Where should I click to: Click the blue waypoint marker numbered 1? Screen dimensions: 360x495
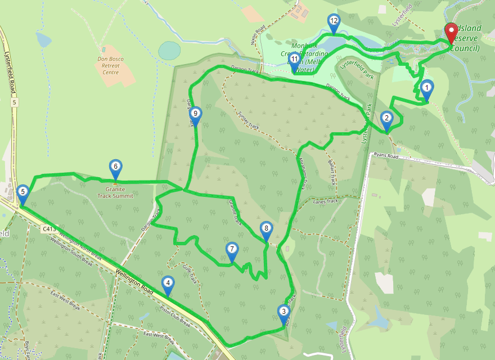pos(427,88)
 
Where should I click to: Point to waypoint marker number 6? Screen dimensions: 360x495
pos(115,167)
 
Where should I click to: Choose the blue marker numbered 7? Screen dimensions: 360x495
pos(232,250)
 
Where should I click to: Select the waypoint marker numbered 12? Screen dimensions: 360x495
pos(334,22)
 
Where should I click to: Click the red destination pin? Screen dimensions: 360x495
pos(451,31)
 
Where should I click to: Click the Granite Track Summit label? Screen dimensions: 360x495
pos(115,192)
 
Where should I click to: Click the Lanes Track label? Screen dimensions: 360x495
pos(326,201)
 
